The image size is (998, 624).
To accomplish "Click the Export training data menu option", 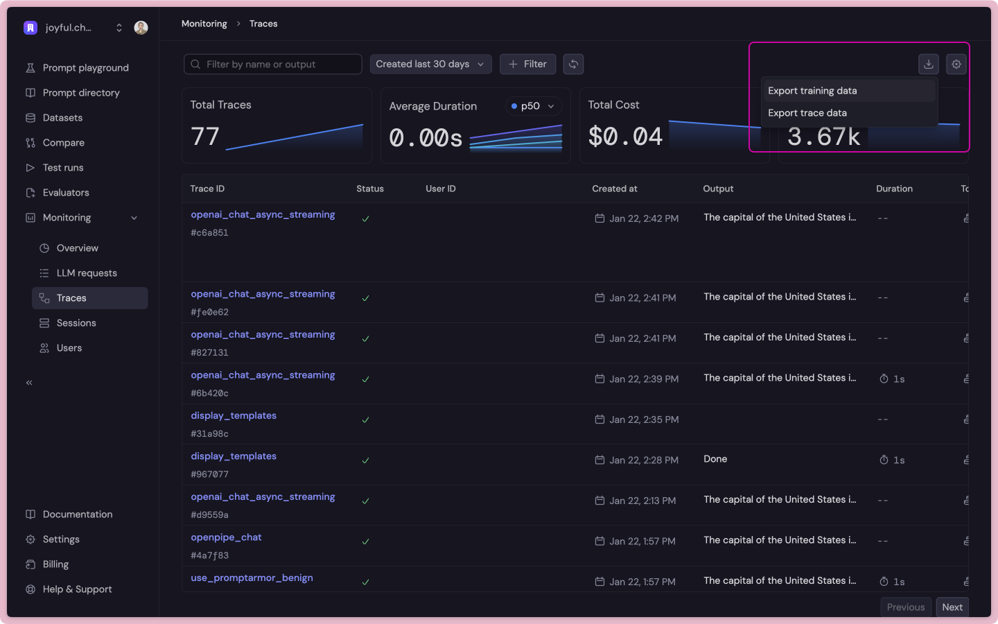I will pyautogui.click(x=812, y=91).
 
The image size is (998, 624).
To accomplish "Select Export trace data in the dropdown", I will pyautogui.click(x=807, y=113).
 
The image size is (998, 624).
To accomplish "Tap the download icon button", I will pyautogui.click(x=929, y=64).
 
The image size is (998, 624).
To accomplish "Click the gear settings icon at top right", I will pyautogui.click(x=956, y=64).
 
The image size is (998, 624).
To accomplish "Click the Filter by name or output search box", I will pyautogui.click(x=273, y=64).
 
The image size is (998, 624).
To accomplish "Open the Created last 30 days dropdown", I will pyautogui.click(x=430, y=64).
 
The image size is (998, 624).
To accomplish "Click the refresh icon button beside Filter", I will pyautogui.click(x=573, y=64).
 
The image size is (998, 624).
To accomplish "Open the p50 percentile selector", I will pyautogui.click(x=532, y=106).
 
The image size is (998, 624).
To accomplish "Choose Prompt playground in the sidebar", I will pyautogui.click(x=85, y=68).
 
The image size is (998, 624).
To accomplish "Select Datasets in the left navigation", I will pyautogui.click(x=62, y=118).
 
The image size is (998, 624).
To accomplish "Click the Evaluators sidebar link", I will pyautogui.click(x=66, y=193).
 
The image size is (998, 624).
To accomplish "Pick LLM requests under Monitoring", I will pyautogui.click(x=87, y=273).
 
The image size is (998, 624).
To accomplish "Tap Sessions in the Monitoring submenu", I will pyautogui.click(x=76, y=323).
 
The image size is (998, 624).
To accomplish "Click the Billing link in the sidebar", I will pyautogui.click(x=55, y=564).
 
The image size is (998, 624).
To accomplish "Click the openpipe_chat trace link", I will pyautogui.click(x=226, y=537).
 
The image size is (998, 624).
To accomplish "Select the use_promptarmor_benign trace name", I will pyautogui.click(x=252, y=578).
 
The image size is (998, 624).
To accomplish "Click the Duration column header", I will pyautogui.click(x=894, y=189).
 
